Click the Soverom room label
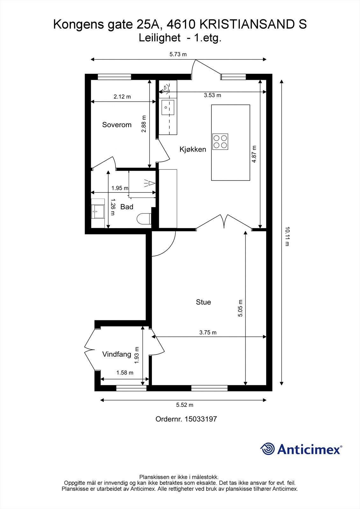[x=117, y=125]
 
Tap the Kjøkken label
[x=193, y=149]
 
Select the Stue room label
[x=203, y=302]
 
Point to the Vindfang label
[x=117, y=354]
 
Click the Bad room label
[x=127, y=207]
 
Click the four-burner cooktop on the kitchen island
[x=220, y=142]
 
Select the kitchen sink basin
[x=168, y=108]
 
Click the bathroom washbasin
[x=98, y=212]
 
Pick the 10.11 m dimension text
[x=287, y=236]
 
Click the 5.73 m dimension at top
[x=178, y=54]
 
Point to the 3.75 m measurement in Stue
[x=208, y=332]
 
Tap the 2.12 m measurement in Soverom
[x=122, y=97]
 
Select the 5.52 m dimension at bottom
[x=185, y=405]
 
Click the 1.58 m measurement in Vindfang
[x=125, y=373]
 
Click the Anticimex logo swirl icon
[x=267, y=449]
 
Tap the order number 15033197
[x=201, y=419]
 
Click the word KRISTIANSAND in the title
[x=247, y=24]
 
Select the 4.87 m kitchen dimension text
[x=254, y=154]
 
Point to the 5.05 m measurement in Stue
[x=240, y=308]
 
